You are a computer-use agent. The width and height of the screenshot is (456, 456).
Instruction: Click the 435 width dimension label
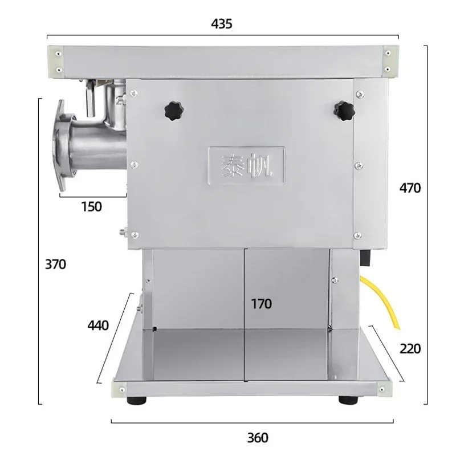tap(222, 24)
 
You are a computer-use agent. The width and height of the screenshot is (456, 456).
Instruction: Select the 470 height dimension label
tap(409, 188)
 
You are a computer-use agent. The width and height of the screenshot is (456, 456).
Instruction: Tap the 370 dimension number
tap(55, 264)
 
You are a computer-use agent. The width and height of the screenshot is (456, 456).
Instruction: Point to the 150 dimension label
tap(91, 206)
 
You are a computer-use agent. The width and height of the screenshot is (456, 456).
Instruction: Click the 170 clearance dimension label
tap(262, 304)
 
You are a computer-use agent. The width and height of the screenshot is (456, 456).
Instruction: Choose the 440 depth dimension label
tap(98, 325)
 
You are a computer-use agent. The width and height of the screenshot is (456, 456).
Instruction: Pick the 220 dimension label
tap(409, 348)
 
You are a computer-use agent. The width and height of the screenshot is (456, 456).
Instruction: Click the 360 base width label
tap(258, 438)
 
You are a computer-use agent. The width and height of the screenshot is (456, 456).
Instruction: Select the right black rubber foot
tap(345, 401)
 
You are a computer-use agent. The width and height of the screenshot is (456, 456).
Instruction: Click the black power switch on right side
tap(365, 259)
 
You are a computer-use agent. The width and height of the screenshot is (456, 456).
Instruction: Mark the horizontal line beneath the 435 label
tap(222, 37)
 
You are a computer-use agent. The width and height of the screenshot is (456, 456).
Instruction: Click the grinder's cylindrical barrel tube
tap(97, 145)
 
